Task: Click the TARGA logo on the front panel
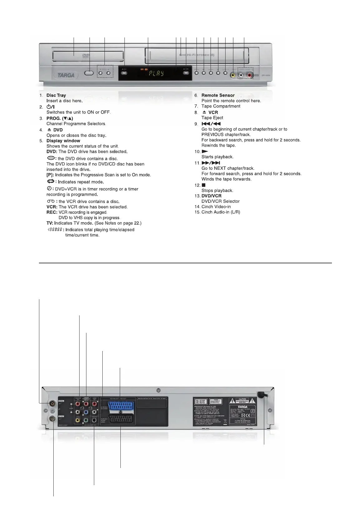click(x=66, y=75)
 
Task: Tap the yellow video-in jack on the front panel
click(x=233, y=75)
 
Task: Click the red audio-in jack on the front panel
click(x=249, y=75)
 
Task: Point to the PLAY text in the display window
click(x=156, y=74)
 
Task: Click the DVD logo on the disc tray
click(x=86, y=56)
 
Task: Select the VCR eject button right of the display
click(x=186, y=73)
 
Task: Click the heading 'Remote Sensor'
click(x=218, y=95)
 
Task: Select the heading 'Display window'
click(x=63, y=141)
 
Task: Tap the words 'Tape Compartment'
click(x=221, y=106)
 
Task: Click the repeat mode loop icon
click(x=51, y=181)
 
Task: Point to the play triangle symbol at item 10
click(x=205, y=152)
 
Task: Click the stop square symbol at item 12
click(x=204, y=185)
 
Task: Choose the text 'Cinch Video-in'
click(x=216, y=207)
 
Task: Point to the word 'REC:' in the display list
click(x=52, y=212)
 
